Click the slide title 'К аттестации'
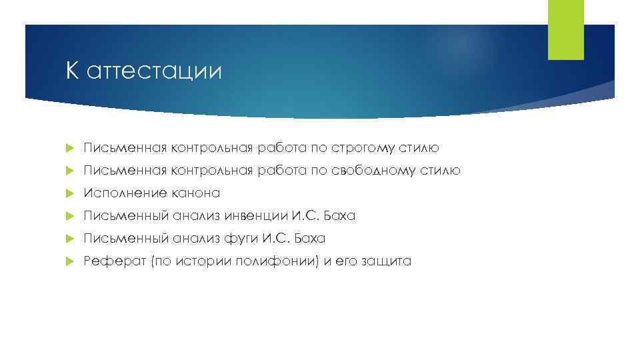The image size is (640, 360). pos(143,71)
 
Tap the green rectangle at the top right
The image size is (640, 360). pos(565,30)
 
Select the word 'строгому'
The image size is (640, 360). pos(372,147)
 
